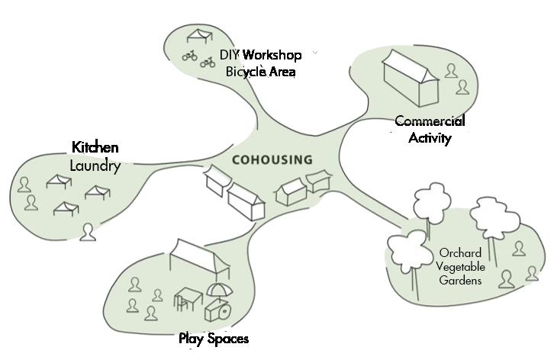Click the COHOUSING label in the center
point(272,160)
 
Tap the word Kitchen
point(95,147)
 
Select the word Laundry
point(95,166)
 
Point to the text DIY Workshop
point(260,55)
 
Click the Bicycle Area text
point(260,72)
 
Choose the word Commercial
point(430,121)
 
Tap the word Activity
point(430,138)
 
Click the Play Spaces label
point(214,338)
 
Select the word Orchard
point(459,253)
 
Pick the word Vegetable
point(459,266)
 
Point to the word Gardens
point(459,280)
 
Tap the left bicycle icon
point(189,56)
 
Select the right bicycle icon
point(207,61)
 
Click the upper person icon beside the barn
point(452,70)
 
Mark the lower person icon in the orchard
point(504,278)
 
